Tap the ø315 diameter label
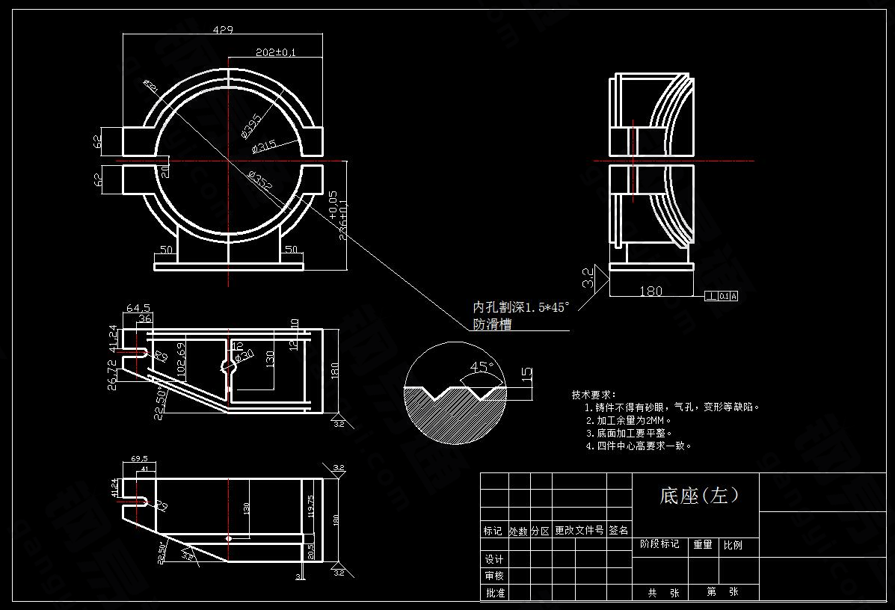[264, 145]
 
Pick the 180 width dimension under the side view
[651, 291]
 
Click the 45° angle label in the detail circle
[482, 367]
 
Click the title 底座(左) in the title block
[699, 495]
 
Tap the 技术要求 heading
[593, 395]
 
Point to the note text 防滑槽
[493, 324]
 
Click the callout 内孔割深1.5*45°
[521, 307]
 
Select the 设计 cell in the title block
[494, 559]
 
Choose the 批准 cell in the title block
[494, 593]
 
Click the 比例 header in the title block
[732, 545]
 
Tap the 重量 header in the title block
[702, 545]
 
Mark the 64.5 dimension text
[138, 308]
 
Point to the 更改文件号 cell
[579, 530]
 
